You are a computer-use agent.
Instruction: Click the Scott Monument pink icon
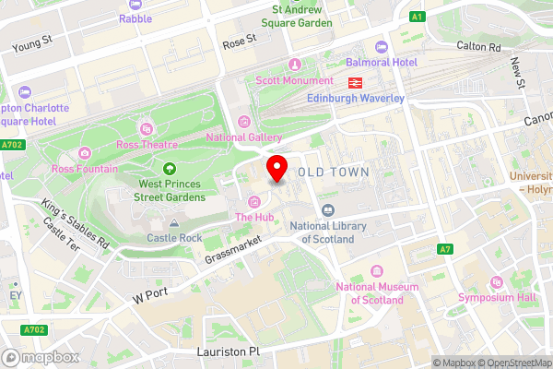295,64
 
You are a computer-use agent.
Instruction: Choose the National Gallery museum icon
244,122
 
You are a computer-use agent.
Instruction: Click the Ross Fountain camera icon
85,152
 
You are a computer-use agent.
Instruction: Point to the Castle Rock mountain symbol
174,223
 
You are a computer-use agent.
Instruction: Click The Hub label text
255,218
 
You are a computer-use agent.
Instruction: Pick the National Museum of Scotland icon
376,270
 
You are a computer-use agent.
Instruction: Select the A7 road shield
445,249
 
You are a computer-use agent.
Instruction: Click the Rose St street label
237,42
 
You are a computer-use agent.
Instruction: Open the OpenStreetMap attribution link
513,363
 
